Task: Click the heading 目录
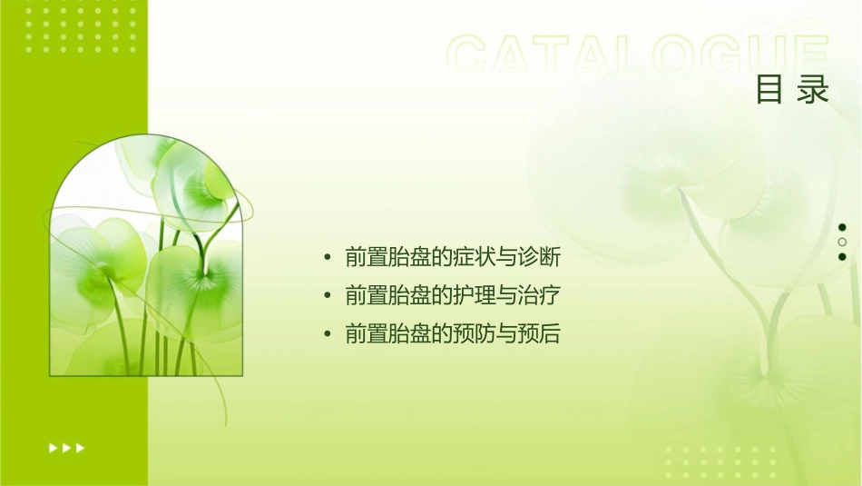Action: click(792, 90)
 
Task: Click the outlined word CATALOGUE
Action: click(638, 56)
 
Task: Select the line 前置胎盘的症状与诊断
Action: click(453, 258)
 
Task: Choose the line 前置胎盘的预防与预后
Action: click(453, 334)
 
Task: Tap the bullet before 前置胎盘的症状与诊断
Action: click(328, 258)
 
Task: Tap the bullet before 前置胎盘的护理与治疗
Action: click(328, 296)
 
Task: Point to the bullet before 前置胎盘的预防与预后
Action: click(328, 334)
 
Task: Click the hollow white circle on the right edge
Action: click(842, 243)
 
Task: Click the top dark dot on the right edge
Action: click(842, 227)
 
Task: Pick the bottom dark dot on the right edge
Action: click(842, 257)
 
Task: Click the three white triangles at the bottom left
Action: click(67, 448)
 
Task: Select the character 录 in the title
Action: click(814, 90)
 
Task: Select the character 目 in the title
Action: click(769, 90)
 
